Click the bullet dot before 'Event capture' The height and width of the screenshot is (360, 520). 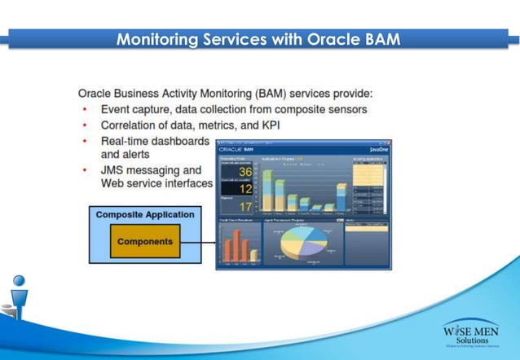(x=84, y=110)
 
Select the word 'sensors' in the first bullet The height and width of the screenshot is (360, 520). (x=345, y=109)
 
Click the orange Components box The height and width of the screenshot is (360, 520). (x=145, y=242)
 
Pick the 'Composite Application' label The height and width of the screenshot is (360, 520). (x=145, y=215)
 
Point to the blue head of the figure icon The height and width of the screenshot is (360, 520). (x=18, y=282)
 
